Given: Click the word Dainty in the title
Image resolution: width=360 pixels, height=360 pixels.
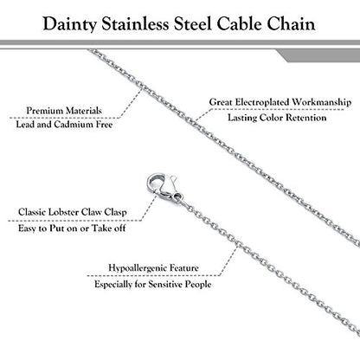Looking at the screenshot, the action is pos(69,24).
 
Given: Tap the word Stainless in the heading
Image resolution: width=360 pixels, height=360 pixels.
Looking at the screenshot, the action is pos(135,23).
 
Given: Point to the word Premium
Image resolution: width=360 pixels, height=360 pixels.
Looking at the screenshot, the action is pos(45,111).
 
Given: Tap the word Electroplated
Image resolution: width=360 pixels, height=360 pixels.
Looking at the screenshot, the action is pos(261,102).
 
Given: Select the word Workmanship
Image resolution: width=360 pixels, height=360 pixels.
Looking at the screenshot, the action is pos(321,102).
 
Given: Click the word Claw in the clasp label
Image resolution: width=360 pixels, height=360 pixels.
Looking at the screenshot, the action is pos(92,212).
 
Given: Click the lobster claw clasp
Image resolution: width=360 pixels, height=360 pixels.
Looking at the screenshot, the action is pos(162,187).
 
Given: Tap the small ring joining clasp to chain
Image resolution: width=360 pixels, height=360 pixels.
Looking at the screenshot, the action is pos(179,196).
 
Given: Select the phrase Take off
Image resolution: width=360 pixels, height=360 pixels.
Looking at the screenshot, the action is pos(109,228).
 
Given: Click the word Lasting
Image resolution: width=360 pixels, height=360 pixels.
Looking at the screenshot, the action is pos(242,118).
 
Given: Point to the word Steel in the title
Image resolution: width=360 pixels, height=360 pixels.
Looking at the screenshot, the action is pos(193,23).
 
